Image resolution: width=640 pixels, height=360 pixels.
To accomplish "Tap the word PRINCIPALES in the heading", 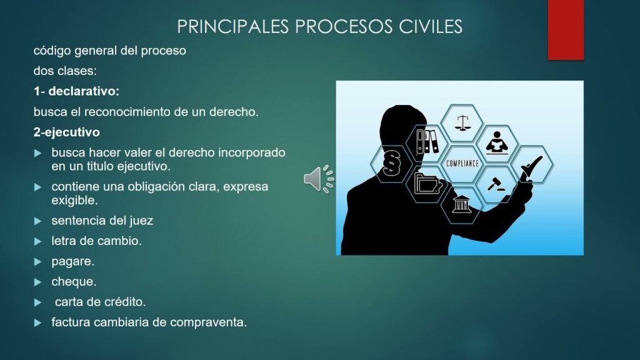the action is tap(232, 26).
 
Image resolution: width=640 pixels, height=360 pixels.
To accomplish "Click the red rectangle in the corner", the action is tap(566, 30).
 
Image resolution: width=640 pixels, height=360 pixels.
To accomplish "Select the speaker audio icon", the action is tap(319, 179).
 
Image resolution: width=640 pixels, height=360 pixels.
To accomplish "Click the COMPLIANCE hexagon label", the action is tap(462, 163).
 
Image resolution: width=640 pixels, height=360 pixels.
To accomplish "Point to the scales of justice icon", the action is tap(462, 123).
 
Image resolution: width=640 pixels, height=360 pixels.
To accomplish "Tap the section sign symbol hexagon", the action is tap(392, 163).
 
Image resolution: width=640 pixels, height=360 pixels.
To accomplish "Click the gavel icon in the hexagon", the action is tap(496, 184).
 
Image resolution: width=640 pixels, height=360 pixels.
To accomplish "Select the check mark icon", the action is tap(531, 165).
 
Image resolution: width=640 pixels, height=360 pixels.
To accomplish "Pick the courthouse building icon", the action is tap(462, 204).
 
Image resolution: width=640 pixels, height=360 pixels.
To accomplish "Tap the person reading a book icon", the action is tap(497, 142).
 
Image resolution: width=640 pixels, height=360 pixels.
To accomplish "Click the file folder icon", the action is tap(428, 183).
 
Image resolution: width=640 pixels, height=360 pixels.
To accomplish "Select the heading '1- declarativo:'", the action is tap(76, 91).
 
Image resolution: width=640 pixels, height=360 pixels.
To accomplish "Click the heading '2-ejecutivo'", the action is tap(66, 132).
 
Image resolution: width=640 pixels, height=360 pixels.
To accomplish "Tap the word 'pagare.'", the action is tap(72, 262).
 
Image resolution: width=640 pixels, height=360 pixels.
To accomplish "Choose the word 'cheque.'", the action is tap(74, 282).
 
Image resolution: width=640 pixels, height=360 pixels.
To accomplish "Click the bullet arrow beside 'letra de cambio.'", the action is tap(38, 242).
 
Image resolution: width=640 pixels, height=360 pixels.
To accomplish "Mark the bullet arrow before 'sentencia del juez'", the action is tap(38, 221).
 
